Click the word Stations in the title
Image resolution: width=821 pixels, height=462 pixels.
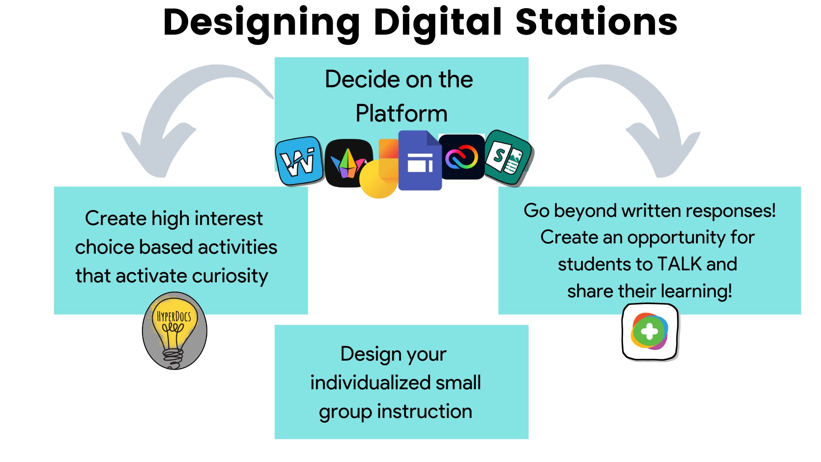pos(597,22)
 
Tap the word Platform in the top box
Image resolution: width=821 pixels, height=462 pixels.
pos(401,114)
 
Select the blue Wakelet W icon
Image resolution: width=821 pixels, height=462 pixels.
pos(299,161)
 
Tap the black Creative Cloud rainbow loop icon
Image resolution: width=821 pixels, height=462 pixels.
pos(462,157)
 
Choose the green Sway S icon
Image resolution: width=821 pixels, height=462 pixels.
pos(508,157)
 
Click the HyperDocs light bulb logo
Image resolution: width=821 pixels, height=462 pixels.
pos(174,330)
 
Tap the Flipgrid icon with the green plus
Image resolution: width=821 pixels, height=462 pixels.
pos(650,332)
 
